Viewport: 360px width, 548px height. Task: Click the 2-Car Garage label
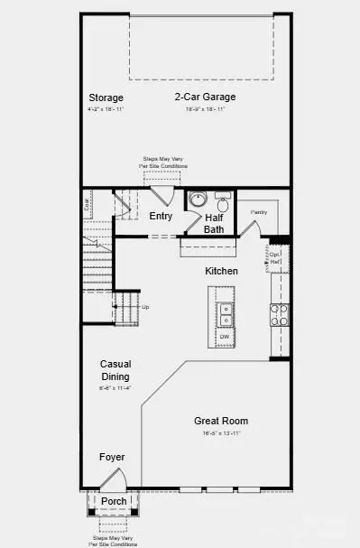(205, 97)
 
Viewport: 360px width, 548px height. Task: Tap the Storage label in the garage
(106, 98)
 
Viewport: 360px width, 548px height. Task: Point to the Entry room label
(161, 216)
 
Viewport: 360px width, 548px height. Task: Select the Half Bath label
(214, 223)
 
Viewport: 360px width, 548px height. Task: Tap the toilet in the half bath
(223, 200)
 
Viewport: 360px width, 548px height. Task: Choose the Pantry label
(260, 211)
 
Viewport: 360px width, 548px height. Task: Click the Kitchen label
(221, 271)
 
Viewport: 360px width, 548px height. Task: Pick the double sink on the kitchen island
(226, 314)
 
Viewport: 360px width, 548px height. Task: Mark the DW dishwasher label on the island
(224, 338)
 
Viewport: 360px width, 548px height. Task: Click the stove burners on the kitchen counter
(280, 314)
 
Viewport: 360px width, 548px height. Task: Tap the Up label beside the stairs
(146, 307)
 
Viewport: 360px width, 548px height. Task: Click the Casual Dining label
(115, 370)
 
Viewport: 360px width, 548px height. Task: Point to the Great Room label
(221, 421)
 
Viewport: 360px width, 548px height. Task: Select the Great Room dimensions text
(221, 433)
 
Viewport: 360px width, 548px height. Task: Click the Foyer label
(112, 458)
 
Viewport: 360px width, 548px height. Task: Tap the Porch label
(114, 502)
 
